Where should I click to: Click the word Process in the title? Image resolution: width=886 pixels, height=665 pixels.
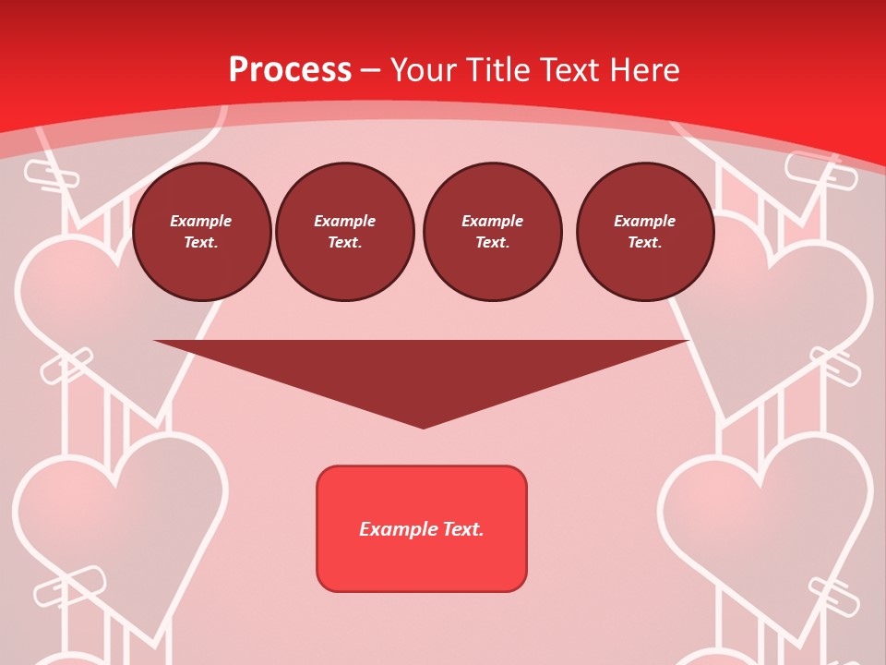tap(290, 69)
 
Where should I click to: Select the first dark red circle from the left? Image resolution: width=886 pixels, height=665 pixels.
tap(202, 232)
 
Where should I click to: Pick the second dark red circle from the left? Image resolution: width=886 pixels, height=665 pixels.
tap(344, 232)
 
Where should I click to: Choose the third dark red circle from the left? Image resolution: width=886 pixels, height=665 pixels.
tap(492, 232)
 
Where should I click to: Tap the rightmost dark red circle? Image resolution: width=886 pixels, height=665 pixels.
tap(645, 232)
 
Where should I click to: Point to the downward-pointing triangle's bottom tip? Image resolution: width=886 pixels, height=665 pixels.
tap(423, 426)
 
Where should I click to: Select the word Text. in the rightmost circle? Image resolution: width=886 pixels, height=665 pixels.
tap(645, 243)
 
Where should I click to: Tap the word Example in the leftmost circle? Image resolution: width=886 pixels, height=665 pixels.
tap(201, 221)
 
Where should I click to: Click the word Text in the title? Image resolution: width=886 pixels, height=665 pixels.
tap(567, 69)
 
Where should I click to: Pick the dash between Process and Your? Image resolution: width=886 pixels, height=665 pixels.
tap(370, 70)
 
